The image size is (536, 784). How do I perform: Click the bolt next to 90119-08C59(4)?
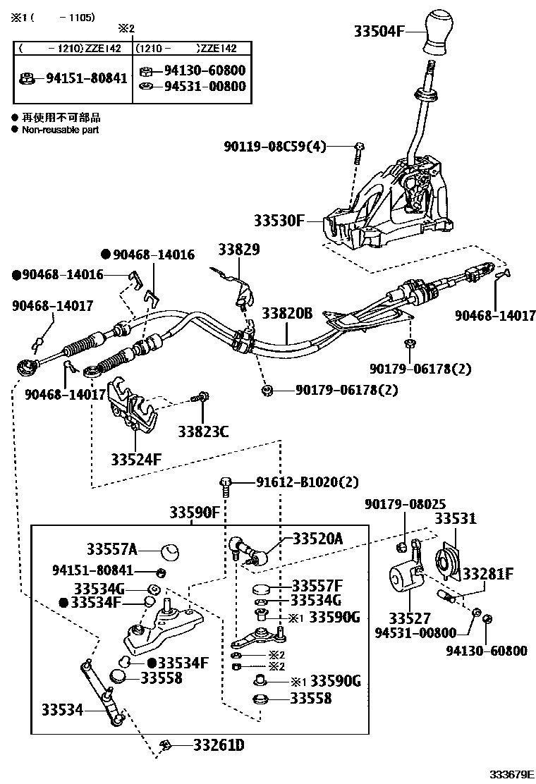click(359, 147)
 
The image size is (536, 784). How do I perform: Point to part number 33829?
click(238, 250)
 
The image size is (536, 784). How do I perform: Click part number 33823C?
click(203, 431)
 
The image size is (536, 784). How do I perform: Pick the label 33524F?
click(136, 460)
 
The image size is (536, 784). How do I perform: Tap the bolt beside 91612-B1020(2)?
click(226, 484)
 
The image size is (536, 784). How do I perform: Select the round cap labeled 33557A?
click(169, 550)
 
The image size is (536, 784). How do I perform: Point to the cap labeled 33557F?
click(263, 588)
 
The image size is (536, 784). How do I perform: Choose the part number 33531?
click(455, 519)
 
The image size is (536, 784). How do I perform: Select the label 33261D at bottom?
click(209, 745)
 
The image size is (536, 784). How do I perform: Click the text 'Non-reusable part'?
click(60, 130)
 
